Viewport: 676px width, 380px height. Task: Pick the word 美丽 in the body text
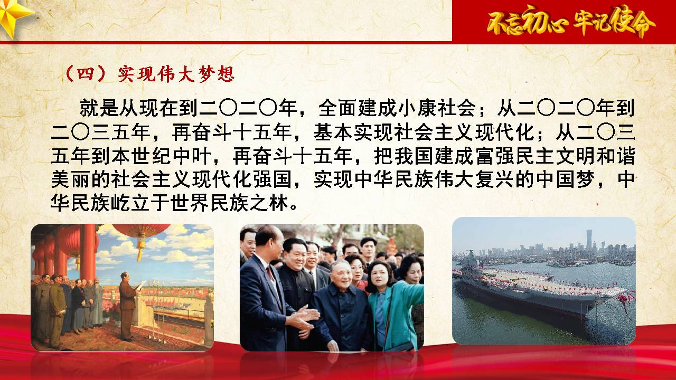coord(70,179)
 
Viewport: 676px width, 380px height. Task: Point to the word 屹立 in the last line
coord(130,203)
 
